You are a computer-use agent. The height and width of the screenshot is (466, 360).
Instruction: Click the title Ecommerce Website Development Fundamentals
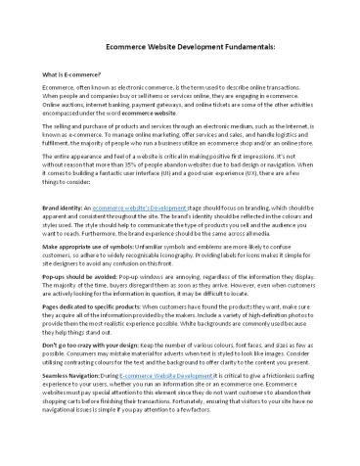click(180, 47)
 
